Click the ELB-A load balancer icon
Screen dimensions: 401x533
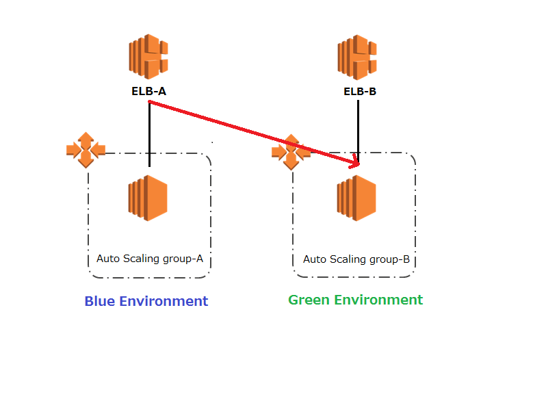point(148,57)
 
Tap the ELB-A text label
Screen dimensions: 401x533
point(148,90)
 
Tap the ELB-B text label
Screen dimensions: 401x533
point(359,92)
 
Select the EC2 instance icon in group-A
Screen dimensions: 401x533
point(147,198)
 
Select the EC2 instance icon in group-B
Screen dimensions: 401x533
point(356,198)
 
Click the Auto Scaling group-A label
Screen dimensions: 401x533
point(149,259)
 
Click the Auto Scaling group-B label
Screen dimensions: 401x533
point(356,259)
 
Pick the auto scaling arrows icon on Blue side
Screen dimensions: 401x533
point(86,150)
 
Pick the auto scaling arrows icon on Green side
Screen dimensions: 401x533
point(290,151)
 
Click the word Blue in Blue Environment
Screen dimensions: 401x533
point(100,301)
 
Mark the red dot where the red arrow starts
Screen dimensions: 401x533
point(149,102)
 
